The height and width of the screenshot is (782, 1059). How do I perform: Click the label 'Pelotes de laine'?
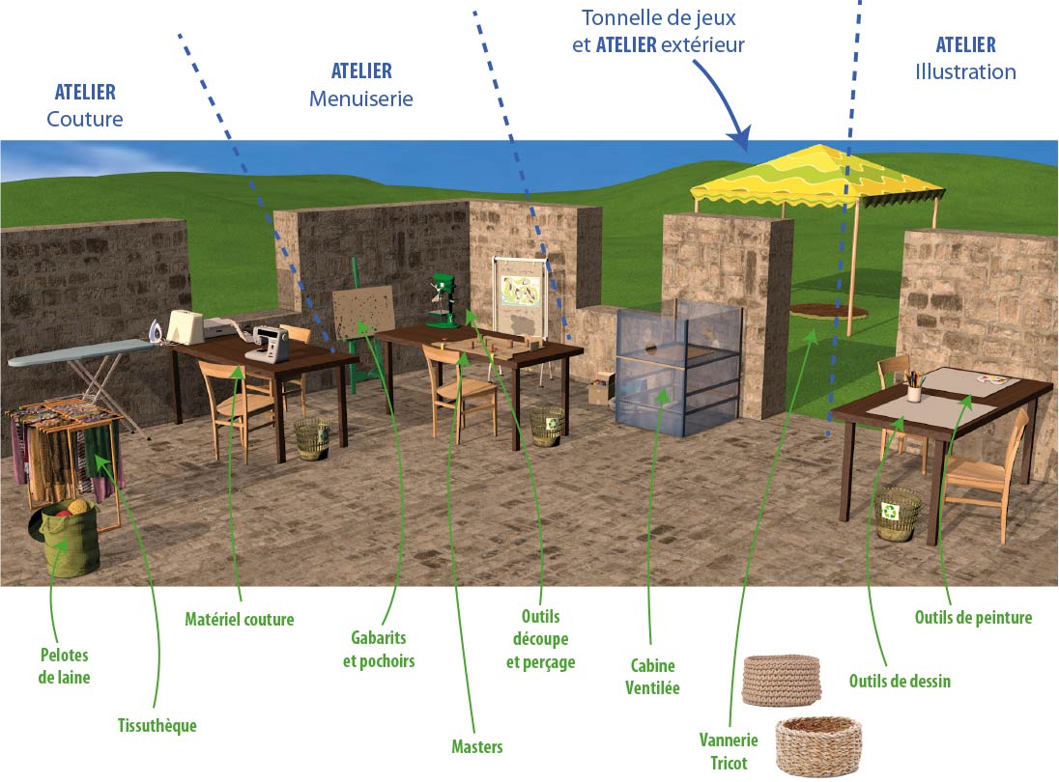(x=64, y=666)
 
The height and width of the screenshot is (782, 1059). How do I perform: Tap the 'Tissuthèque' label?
(x=157, y=725)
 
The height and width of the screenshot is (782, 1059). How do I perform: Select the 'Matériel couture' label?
(x=240, y=620)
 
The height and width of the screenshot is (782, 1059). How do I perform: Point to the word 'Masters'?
(x=476, y=747)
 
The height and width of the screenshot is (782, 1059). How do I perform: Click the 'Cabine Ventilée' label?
(x=652, y=677)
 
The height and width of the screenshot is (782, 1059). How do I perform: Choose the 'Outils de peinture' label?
(x=973, y=617)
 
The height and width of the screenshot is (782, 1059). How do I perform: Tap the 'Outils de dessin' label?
(x=900, y=681)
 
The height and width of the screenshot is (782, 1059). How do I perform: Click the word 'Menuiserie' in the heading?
(x=361, y=98)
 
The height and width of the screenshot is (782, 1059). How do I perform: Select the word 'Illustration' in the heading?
(x=966, y=71)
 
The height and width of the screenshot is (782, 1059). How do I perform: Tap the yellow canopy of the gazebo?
(x=817, y=176)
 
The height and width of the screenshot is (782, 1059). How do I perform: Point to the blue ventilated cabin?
(x=678, y=368)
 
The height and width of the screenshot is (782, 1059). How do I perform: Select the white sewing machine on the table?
(x=268, y=344)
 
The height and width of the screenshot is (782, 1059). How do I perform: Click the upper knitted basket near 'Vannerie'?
(x=782, y=680)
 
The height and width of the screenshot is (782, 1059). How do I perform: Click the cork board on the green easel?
(x=363, y=312)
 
